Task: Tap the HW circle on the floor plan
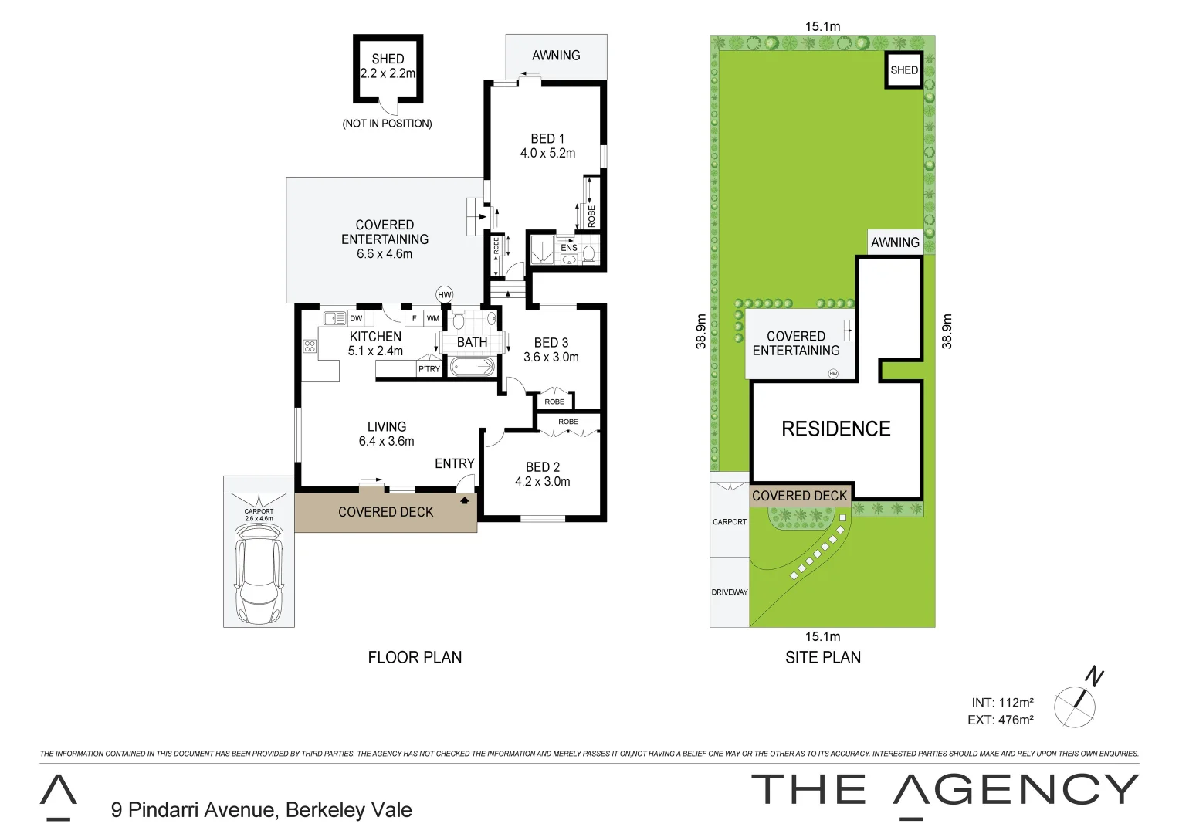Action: (444, 294)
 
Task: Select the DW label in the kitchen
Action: (356, 318)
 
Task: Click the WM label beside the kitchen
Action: (432, 318)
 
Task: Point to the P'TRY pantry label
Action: (429, 369)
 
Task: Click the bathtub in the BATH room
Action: (472, 367)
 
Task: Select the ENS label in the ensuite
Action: (569, 248)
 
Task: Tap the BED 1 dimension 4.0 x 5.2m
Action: (547, 154)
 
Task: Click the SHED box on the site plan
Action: (903, 70)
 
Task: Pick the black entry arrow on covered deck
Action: (465, 500)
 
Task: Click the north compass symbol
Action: (1076, 704)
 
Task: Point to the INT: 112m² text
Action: (1002, 703)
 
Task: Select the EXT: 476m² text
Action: (1000, 720)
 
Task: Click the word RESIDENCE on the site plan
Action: (835, 429)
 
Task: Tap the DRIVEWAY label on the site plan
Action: (730, 592)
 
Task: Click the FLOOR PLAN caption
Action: (415, 657)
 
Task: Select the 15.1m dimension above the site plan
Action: (822, 26)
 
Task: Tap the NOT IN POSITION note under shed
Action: (387, 124)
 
